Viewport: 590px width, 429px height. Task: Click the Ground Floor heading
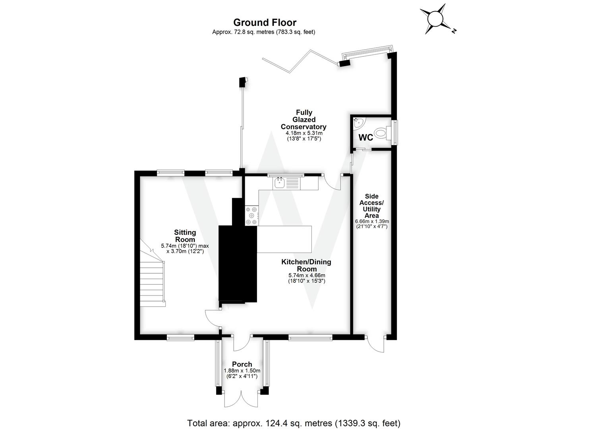coord(265,23)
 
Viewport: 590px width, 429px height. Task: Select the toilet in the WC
coord(382,132)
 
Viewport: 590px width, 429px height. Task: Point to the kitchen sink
coord(279,183)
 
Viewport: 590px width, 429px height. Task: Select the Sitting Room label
coord(185,236)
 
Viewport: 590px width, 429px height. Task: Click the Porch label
coord(242,364)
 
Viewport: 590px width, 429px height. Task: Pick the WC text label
coord(366,137)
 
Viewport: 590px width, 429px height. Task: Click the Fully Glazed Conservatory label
coord(304,120)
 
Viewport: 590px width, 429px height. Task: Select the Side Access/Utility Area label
coord(371,206)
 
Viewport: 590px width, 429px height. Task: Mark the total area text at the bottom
coord(294,423)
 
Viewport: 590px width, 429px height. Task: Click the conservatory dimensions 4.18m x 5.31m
coord(304,133)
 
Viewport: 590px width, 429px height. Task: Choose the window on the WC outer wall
coord(395,132)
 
